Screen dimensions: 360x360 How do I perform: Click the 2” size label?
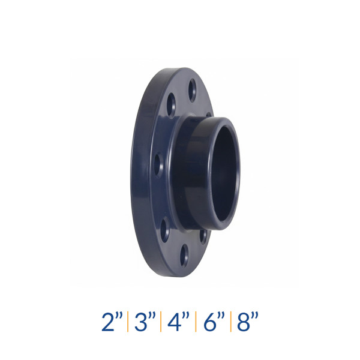tap(112, 322)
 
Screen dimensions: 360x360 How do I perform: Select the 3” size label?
tap(145, 322)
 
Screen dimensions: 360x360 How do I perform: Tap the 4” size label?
tap(179, 322)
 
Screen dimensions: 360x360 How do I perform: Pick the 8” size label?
tap(247, 322)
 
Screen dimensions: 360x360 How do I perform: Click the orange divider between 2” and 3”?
tap(128, 322)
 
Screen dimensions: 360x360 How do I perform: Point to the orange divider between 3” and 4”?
tap(161, 322)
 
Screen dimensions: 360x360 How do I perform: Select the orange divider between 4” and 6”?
tap(196, 322)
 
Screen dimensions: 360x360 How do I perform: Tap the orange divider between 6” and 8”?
tap(231, 322)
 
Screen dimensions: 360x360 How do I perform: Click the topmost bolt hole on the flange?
tap(193, 91)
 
